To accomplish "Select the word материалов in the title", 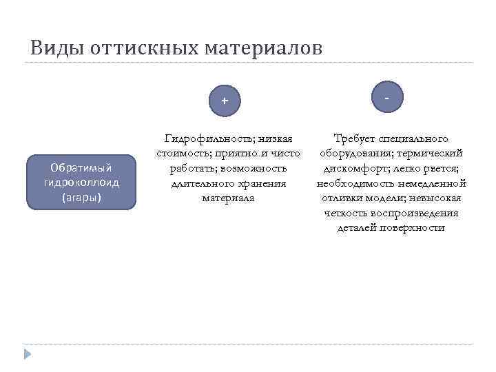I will click(x=265, y=48).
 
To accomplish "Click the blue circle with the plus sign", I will click(x=225, y=101).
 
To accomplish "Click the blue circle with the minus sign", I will click(x=387, y=99).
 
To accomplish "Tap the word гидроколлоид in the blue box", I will click(x=81, y=183).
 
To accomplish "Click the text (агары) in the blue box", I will click(x=81, y=198).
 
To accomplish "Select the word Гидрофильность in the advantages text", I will click(x=205, y=139).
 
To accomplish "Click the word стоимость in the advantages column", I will click(x=183, y=154).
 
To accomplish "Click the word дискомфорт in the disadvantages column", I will click(x=358, y=169).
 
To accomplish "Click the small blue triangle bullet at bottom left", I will click(x=28, y=354).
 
